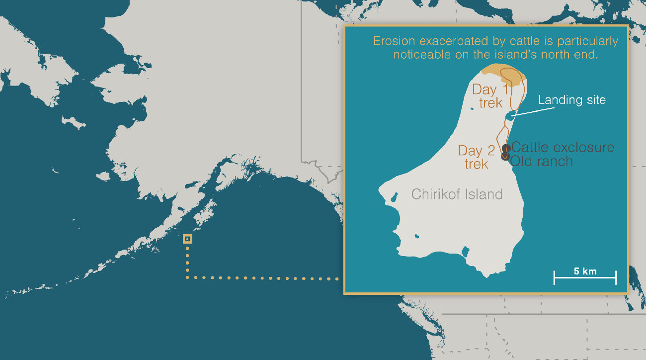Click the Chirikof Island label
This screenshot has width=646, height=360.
(x=457, y=194)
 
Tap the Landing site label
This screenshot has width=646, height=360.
(x=572, y=100)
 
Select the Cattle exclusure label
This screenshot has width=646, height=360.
(x=563, y=148)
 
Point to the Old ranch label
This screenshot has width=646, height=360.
(x=542, y=161)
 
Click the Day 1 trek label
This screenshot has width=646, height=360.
(x=490, y=96)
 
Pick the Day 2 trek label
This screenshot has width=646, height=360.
(x=477, y=157)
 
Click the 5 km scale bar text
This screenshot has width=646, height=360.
(x=585, y=271)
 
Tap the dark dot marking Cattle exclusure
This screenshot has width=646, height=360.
(x=506, y=148)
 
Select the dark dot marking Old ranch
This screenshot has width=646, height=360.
(x=505, y=157)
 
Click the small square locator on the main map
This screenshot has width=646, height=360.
(x=187, y=239)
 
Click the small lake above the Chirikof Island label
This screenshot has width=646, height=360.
(x=394, y=197)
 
